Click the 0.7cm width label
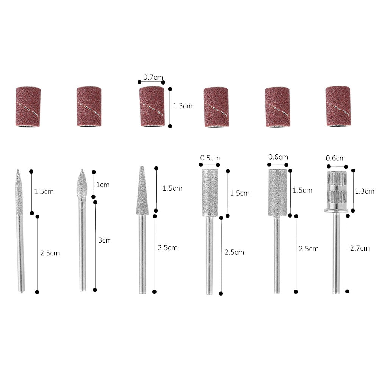coord(152,77)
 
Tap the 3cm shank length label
coord(105,240)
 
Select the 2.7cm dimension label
coord(360,248)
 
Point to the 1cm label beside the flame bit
coord(103,185)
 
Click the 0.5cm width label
coord(210,158)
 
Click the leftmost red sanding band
coord(28,106)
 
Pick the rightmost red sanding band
coord(338,106)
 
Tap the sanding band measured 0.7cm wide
coord(152,106)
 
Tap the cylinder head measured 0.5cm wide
coord(209,193)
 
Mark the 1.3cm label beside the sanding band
coord(183,106)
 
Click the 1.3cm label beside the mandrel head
coord(365,191)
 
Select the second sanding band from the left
coord(89,106)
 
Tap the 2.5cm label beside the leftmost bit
coord(50,253)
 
